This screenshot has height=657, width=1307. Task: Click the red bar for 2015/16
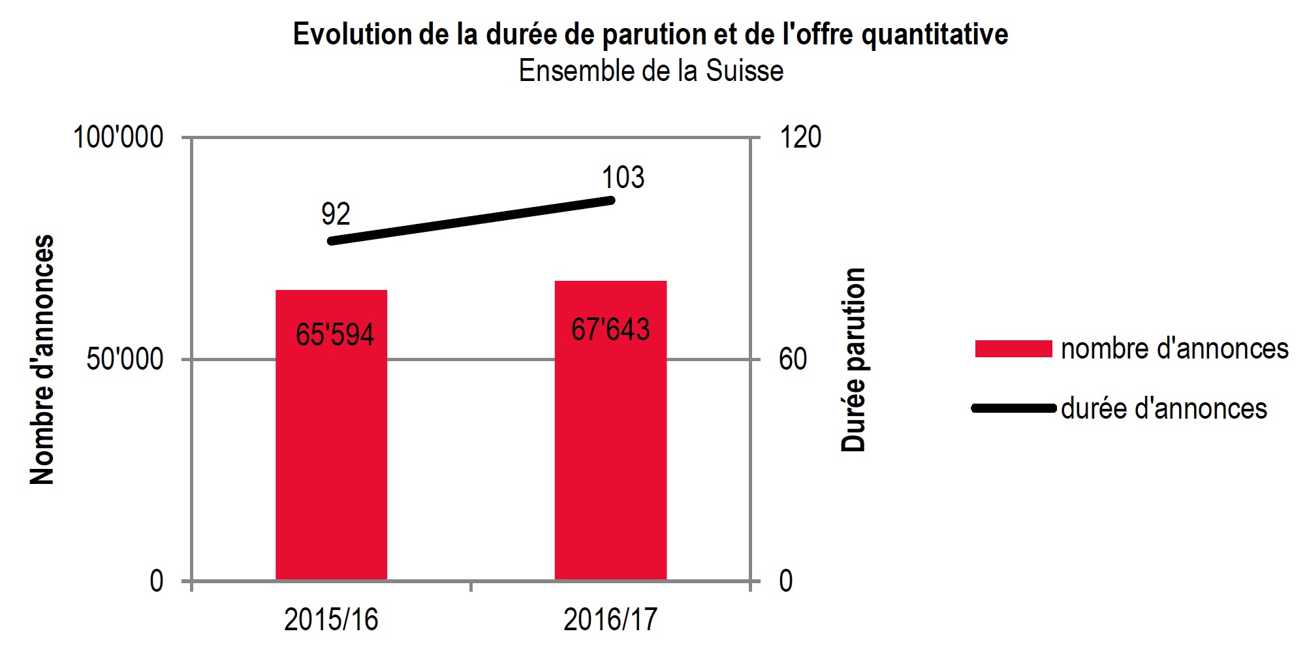point(331,457)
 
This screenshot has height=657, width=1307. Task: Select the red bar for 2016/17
point(610,457)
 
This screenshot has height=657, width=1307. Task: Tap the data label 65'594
point(335,334)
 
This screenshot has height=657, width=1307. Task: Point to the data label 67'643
point(610,329)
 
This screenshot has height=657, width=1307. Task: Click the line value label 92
point(336,214)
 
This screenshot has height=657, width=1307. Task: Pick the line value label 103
point(623,178)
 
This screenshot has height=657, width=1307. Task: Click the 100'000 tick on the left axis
point(118,138)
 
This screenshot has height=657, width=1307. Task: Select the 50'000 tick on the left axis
point(125,359)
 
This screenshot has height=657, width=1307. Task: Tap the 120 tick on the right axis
point(800,138)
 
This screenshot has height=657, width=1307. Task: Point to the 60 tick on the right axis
point(793,359)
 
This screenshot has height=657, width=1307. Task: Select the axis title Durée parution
point(853,359)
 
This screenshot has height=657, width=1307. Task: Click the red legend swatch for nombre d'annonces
point(1013,349)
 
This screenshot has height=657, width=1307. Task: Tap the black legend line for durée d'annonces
point(1013,409)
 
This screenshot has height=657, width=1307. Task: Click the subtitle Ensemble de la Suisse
point(651,71)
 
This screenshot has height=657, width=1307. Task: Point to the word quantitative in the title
point(935,35)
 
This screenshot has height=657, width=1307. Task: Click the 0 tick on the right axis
point(786,581)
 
